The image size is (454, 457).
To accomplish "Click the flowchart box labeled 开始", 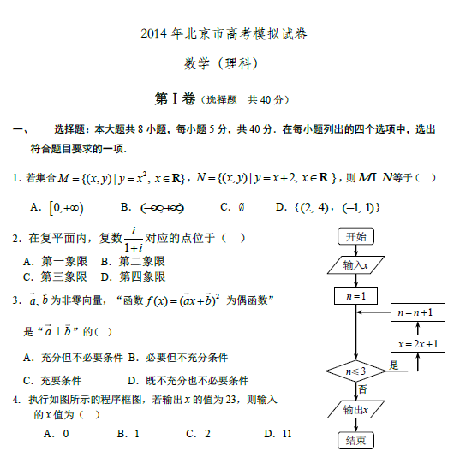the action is point(355,237).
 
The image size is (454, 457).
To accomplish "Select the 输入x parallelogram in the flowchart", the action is point(355,266).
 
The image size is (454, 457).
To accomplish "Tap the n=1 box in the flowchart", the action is point(355,296).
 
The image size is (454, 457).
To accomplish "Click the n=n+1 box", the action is point(415,312).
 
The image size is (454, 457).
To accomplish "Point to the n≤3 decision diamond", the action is point(355,371).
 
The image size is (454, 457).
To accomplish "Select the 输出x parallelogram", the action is point(355,411).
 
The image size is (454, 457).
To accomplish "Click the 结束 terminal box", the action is point(355,441).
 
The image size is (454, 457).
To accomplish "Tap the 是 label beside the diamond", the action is point(394,365).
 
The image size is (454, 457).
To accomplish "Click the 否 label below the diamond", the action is point(362,389).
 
